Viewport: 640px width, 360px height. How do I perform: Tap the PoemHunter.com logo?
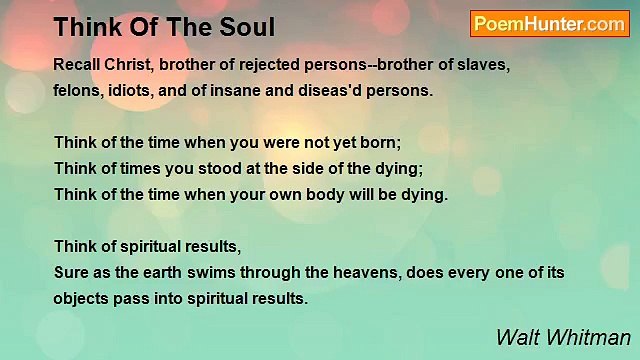(x=549, y=24)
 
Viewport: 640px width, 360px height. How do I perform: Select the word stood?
(x=203, y=167)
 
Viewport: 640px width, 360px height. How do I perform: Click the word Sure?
(x=71, y=271)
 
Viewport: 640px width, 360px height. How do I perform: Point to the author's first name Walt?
(x=517, y=336)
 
